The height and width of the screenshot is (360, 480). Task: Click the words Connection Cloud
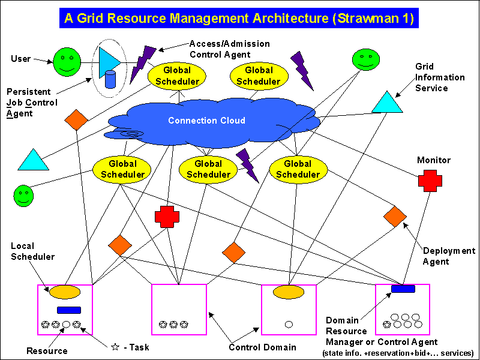pos(206,121)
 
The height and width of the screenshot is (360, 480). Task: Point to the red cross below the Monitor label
pos(430,179)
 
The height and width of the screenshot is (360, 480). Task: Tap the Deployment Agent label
pos(449,256)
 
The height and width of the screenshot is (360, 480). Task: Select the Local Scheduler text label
pos(32,251)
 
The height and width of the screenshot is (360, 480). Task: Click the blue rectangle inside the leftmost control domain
pos(68,310)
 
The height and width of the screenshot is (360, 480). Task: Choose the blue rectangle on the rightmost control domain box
pos(403,289)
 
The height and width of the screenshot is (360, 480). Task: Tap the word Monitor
pos(433,160)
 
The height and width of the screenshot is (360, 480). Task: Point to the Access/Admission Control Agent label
pos(229,49)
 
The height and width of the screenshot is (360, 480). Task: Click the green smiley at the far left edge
pos(23,195)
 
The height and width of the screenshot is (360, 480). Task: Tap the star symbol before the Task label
pos(115,347)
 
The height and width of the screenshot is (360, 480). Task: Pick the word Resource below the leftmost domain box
pos(47,350)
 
